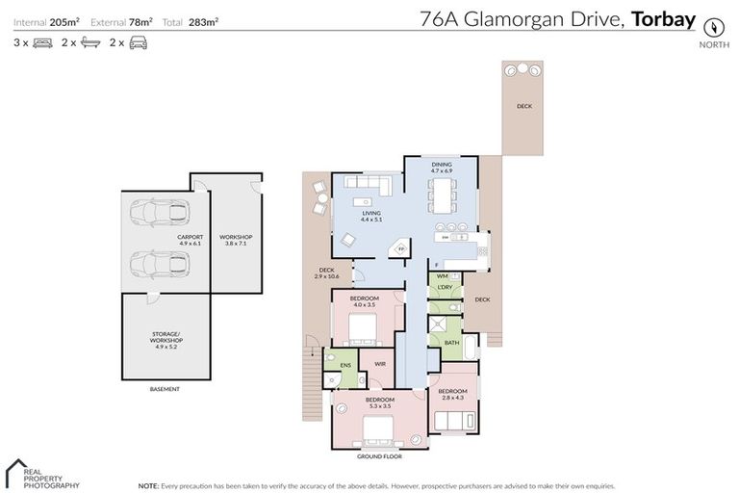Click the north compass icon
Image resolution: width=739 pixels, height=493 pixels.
(x=713, y=26)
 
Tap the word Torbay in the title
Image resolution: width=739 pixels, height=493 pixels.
(x=663, y=17)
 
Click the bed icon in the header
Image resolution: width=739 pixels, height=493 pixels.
(x=42, y=42)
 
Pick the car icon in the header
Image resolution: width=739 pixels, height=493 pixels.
(x=139, y=42)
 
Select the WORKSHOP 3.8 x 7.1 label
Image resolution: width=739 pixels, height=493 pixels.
(x=236, y=240)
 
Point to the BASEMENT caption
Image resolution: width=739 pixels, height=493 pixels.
(x=165, y=389)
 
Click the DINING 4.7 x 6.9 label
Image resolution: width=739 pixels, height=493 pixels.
(x=441, y=168)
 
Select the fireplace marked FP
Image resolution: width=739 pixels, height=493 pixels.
(x=400, y=249)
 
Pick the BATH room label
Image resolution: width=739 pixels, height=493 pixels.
(x=451, y=342)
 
